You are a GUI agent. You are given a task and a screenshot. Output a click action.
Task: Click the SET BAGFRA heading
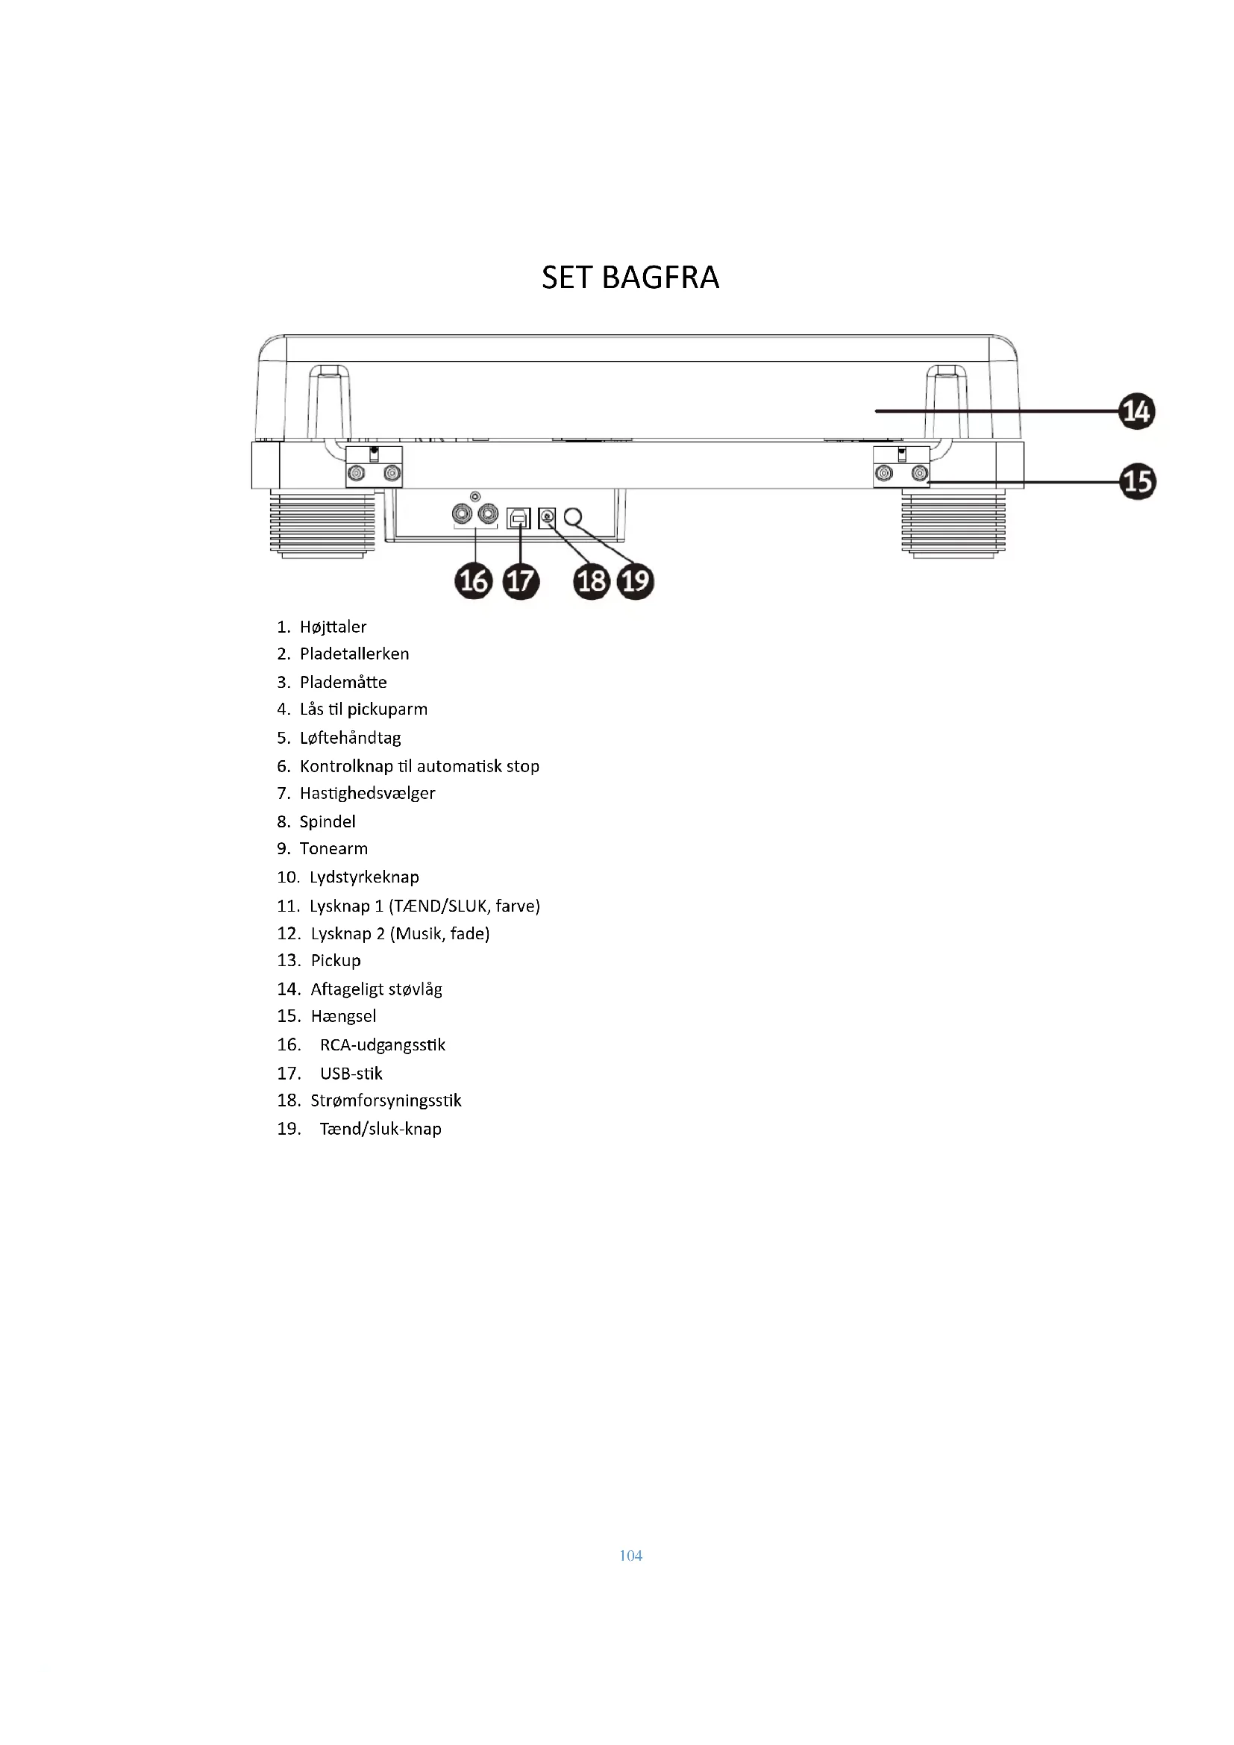coord(630,278)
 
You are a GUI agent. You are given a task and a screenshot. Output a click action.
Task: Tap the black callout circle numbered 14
coord(1137,412)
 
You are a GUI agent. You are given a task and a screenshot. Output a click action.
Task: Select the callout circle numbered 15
coord(1138,482)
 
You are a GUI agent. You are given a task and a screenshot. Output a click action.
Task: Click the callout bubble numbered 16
coord(474,581)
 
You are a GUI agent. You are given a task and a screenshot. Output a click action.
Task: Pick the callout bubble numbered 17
coord(521,581)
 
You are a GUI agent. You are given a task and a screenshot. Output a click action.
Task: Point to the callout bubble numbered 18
coord(592,581)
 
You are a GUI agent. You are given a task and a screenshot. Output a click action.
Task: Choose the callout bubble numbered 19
coord(636,581)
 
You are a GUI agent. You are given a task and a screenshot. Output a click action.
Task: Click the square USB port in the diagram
coord(519,519)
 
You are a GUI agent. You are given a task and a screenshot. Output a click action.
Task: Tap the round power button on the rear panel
coord(573,517)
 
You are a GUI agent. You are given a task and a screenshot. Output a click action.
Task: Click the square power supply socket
coord(547,519)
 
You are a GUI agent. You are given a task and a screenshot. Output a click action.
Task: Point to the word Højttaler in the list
coord(333,627)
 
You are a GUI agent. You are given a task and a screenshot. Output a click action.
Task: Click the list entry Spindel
coord(328,821)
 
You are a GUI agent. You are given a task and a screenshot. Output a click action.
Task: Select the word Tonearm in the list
coord(333,849)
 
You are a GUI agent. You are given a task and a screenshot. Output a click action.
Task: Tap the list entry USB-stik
coord(351,1073)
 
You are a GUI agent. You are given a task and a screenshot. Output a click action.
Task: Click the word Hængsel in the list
coord(343,1016)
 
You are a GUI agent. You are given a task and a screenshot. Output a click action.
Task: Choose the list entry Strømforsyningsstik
coord(386,1100)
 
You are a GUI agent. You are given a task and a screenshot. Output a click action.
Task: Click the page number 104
coord(630,1556)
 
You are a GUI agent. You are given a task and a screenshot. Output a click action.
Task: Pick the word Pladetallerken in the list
coord(354,654)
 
